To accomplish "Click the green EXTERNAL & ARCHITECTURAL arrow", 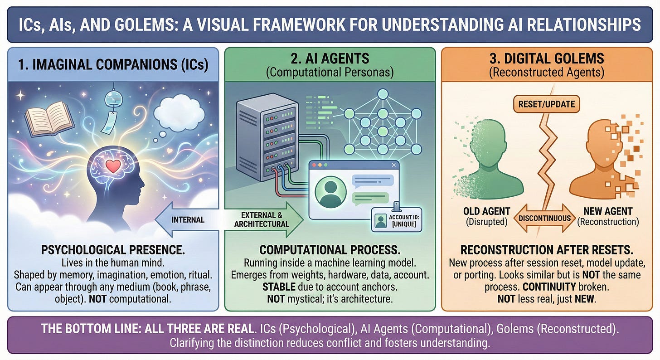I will [263, 219].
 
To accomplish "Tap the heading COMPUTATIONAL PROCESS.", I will [330, 250].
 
